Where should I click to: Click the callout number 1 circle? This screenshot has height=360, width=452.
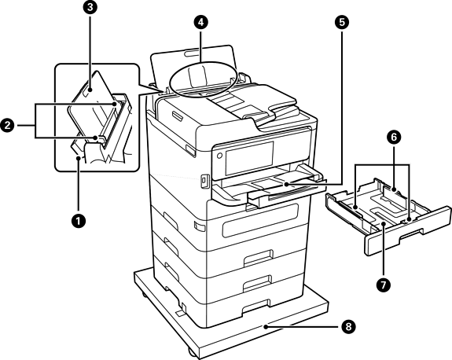[x=78, y=222]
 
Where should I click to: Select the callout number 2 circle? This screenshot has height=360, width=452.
[x=7, y=126]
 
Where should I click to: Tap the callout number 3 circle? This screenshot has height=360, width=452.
[x=90, y=7]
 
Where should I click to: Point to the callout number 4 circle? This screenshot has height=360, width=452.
[x=200, y=22]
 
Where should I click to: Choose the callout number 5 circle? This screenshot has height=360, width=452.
[x=342, y=22]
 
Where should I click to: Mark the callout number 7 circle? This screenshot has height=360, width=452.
[x=384, y=285]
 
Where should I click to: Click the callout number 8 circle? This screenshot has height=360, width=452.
[x=348, y=327]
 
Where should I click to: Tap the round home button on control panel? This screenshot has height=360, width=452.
[x=219, y=156]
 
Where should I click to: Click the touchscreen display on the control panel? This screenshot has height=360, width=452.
[x=249, y=158]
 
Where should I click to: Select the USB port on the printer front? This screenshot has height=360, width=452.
[x=204, y=181]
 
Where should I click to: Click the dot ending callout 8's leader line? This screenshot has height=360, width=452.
[x=265, y=327]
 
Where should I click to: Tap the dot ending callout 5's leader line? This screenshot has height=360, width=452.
[x=286, y=184]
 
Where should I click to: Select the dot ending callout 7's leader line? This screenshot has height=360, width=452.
[x=384, y=224]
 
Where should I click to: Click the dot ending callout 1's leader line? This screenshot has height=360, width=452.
[x=78, y=157]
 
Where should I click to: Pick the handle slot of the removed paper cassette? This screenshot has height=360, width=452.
[x=411, y=233]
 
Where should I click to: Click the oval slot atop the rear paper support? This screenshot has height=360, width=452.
[x=193, y=53]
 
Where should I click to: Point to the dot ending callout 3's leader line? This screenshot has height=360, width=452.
[x=90, y=90]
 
